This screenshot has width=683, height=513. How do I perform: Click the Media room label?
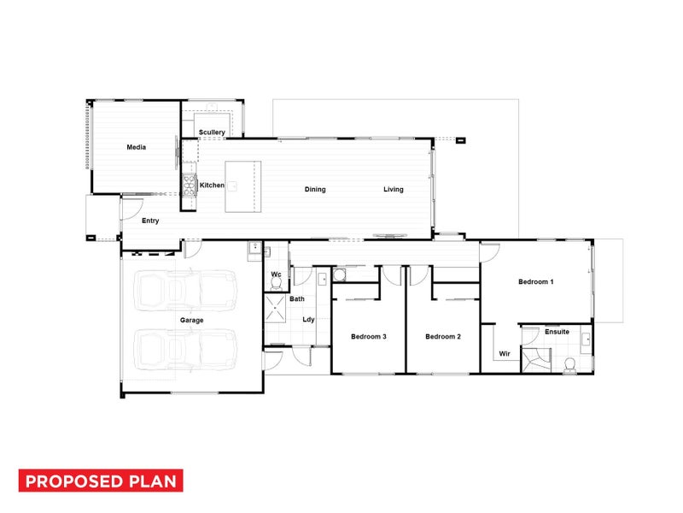pos(137,147)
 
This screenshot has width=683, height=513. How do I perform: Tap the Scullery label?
pos(212,133)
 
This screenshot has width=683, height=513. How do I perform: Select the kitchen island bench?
pos(243,186)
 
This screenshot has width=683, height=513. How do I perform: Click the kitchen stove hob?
pos(190,186)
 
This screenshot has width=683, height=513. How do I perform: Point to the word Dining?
pos(315,189)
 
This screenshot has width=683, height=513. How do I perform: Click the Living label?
pos(394,189)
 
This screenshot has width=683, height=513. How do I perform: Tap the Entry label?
pos(150,221)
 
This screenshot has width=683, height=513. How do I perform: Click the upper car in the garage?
pos(185,290)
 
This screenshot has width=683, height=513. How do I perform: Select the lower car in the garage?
pos(185,350)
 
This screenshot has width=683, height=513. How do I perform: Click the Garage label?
pos(191,320)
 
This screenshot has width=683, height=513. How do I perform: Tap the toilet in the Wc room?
pos(276,284)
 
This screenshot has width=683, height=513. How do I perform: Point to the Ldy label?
pos(308,319)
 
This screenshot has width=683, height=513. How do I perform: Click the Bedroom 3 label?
pos(369,336)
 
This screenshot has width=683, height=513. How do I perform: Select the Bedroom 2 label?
pos(443,336)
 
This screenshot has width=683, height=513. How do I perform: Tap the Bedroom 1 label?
pos(536,282)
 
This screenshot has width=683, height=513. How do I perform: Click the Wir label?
pos(505,354)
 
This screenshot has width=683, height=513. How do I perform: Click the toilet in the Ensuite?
pos(569,366)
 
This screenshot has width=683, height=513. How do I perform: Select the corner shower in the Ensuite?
pos(536,360)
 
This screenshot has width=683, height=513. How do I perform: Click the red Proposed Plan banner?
pos(101,481)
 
